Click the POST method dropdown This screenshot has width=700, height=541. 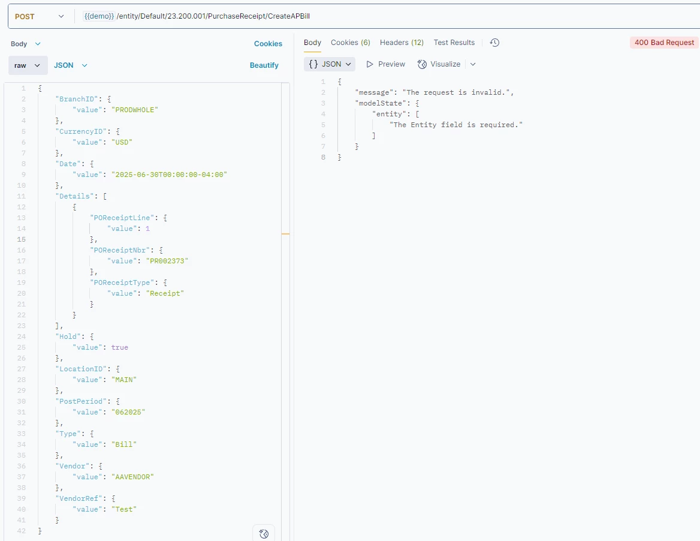pos(40,17)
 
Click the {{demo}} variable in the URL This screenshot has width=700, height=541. pos(99,16)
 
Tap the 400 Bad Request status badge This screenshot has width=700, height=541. pos(664,43)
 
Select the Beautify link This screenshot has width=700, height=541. pos(264,65)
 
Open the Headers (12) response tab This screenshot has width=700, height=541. pos(402,43)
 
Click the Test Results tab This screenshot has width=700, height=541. pos(454,43)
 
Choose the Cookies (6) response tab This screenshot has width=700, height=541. pos(351,43)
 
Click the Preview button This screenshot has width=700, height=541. pos(386,64)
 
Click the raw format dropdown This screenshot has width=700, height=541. pos(27,65)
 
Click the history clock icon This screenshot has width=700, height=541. pos(494,43)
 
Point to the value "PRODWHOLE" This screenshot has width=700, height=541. pos(135,110)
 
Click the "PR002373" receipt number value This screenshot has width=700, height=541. pos(167,261)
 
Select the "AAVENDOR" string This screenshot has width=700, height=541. pos(132,477)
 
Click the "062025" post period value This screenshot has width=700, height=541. pos(128,412)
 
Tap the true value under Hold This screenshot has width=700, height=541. pos(120,347)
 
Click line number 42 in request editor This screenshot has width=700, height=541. pos(21,531)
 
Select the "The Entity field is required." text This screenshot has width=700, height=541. pos(456,125)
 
